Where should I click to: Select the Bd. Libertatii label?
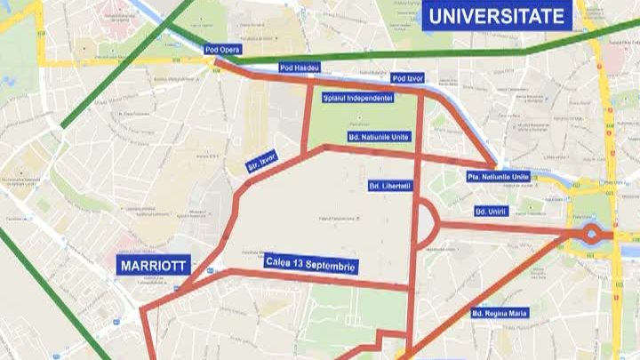coord(390,186)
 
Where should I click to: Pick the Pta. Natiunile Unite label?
coord(498,177)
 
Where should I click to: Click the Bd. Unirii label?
coord(491,211)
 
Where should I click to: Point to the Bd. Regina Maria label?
coord(500,314)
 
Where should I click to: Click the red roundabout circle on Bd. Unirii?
coord(591,235)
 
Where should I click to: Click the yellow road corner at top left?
coord(42,62)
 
